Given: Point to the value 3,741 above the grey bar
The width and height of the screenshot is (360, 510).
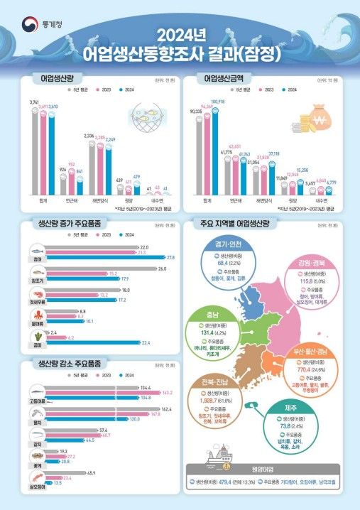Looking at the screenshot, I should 33,102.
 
